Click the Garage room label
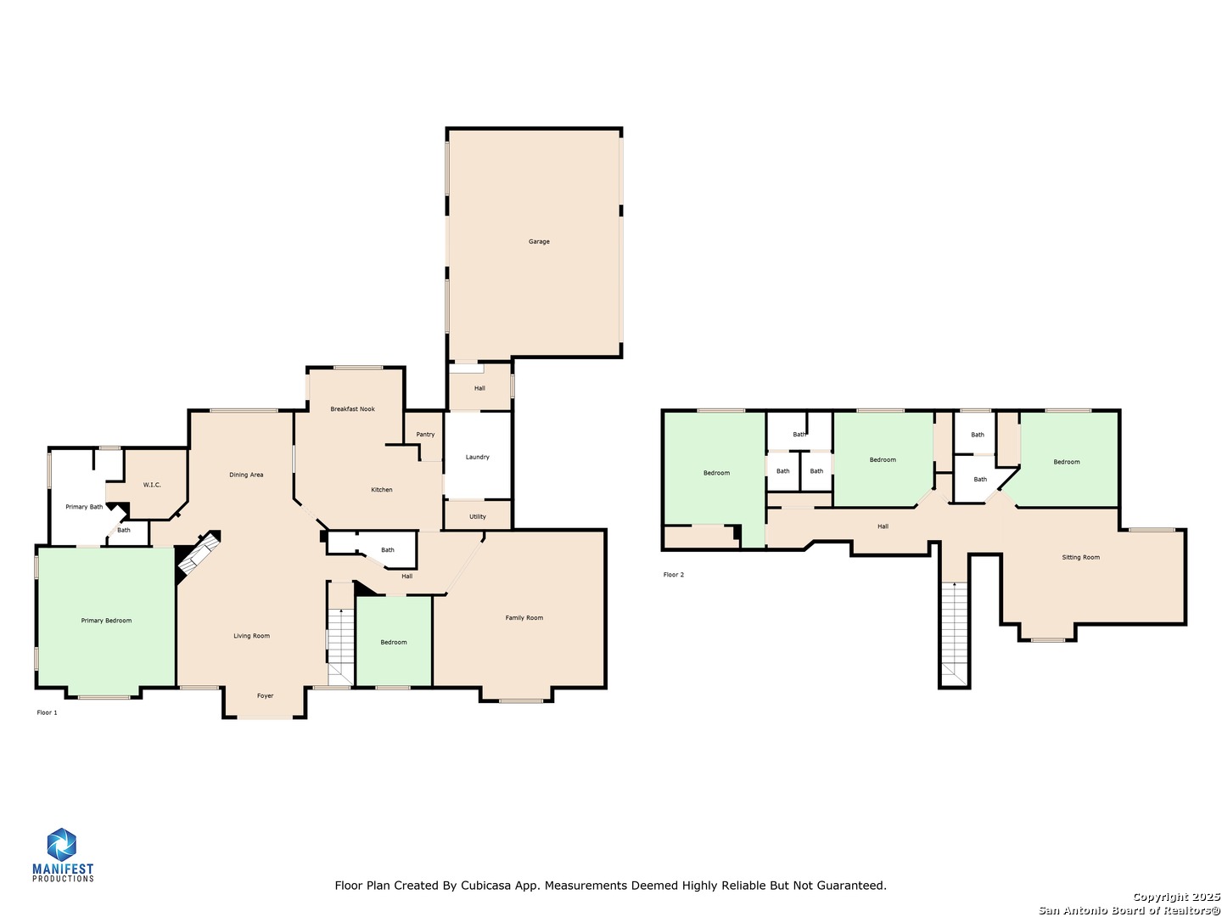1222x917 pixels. [x=539, y=242]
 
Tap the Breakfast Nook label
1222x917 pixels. [x=352, y=409]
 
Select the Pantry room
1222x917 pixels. [x=425, y=435]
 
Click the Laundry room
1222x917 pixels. [x=477, y=457]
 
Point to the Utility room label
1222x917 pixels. [x=478, y=516]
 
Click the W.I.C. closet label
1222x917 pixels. [x=152, y=485]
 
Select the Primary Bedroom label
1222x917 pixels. [x=106, y=621]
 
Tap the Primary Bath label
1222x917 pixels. [x=84, y=507]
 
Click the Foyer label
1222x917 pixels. [x=266, y=696]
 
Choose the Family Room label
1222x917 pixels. [x=524, y=618]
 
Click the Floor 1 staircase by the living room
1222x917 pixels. [x=340, y=645]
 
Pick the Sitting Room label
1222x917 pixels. [x=1080, y=558]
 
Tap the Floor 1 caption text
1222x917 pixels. [x=48, y=712]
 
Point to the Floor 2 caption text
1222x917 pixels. [x=673, y=575]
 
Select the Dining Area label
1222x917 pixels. [x=246, y=475]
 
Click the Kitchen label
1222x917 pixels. [x=382, y=490]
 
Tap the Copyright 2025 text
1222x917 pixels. [x=1176, y=897]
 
